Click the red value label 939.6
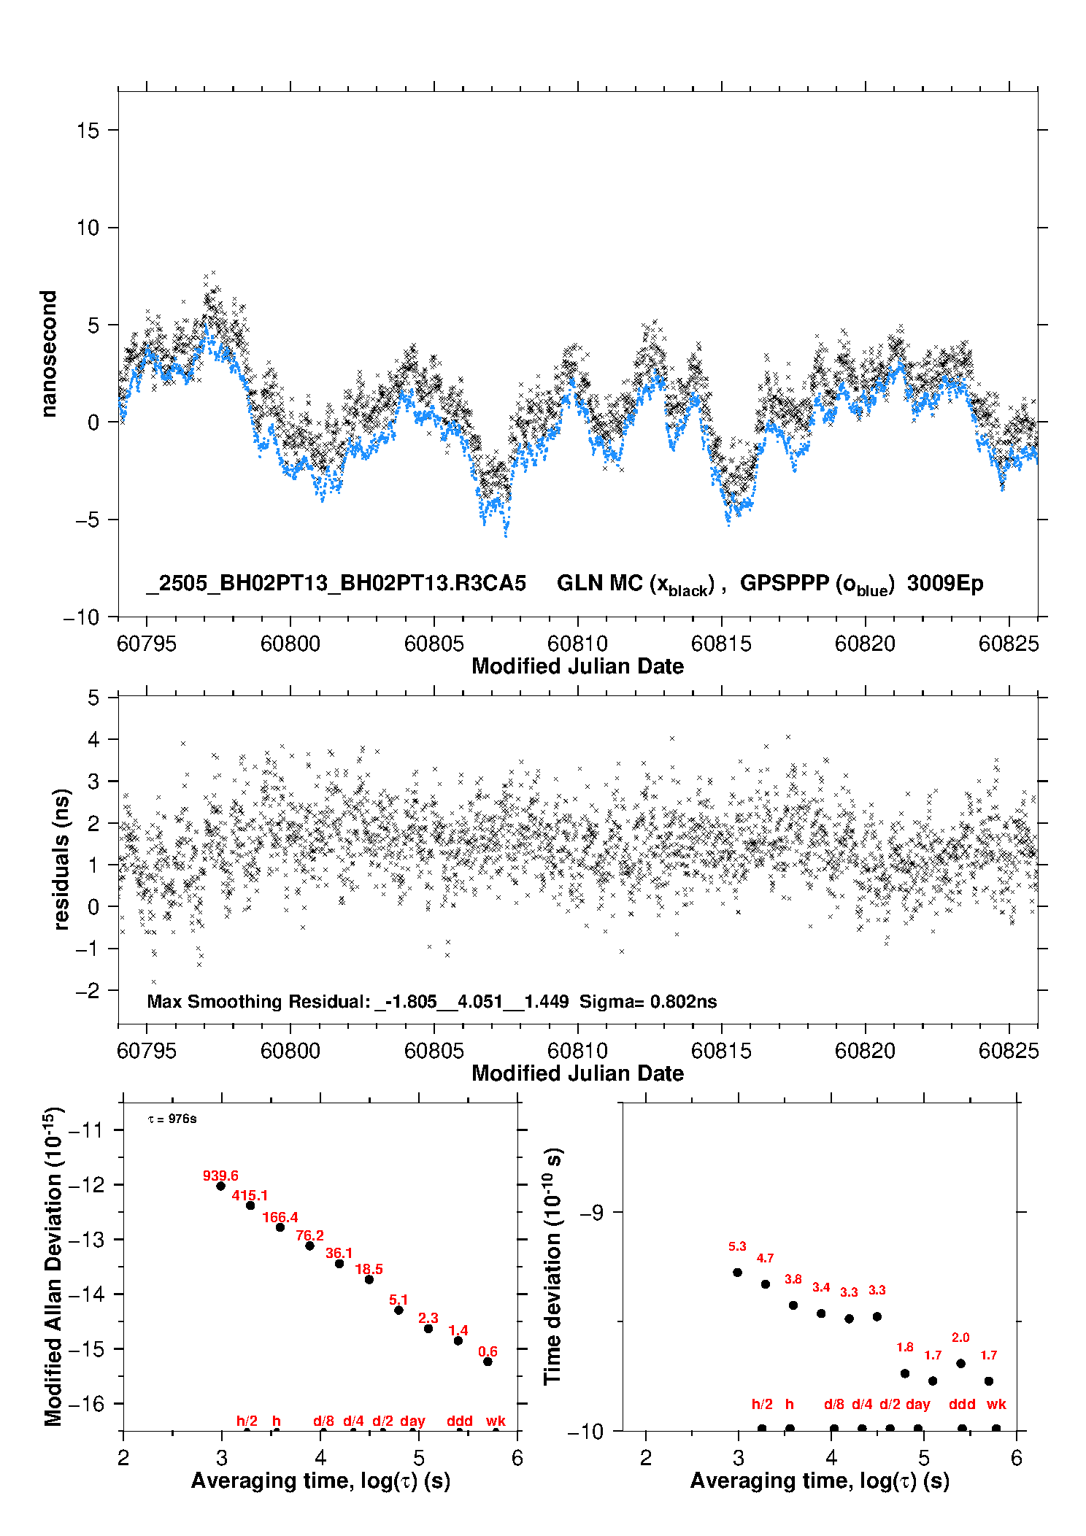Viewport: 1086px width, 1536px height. click(x=220, y=1176)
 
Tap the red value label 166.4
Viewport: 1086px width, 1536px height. click(x=280, y=1217)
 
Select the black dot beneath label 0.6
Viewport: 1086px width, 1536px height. click(x=488, y=1362)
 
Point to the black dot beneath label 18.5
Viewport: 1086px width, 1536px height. click(x=369, y=1280)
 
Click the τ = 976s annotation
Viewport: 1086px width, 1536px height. click(x=172, y=1119)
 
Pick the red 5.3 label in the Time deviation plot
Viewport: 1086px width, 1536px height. click(x=737, y=1246)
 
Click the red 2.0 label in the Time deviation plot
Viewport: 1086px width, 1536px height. click(x=960, y=1338)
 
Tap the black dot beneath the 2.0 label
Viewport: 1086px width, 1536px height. click(x=961, y=1363)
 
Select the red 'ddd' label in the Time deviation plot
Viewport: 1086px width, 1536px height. click(x=962, y=1404)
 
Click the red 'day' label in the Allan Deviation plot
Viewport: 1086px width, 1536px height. click(x=412, y=1421)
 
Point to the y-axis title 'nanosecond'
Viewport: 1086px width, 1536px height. click(x=48, y=354)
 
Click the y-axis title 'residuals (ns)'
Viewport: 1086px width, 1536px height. click(x=61, y=860)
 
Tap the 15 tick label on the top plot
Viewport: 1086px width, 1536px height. click(x=88, y=131)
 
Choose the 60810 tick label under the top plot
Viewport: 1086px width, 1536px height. click(x=577, y=644)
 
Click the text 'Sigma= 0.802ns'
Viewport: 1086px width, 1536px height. click(x=648, y=1001)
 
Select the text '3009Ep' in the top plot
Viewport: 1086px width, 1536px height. click(x=945, y=584)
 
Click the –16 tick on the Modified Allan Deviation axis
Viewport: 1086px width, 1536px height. click(x=85, y=1403)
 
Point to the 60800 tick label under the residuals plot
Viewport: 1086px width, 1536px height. click(x=290, y=1051)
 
